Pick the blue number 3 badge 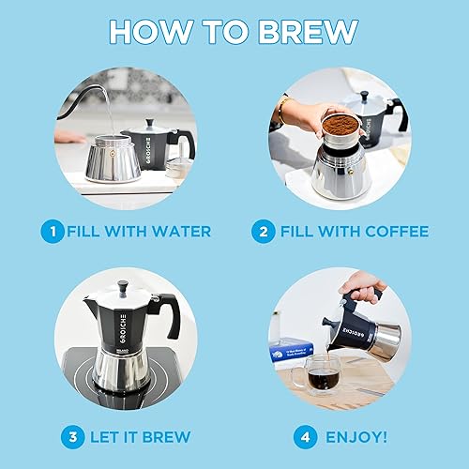click(x=72, y=436)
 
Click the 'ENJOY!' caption click(x=356, y=436)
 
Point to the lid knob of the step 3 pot click(x=122, y=284)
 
